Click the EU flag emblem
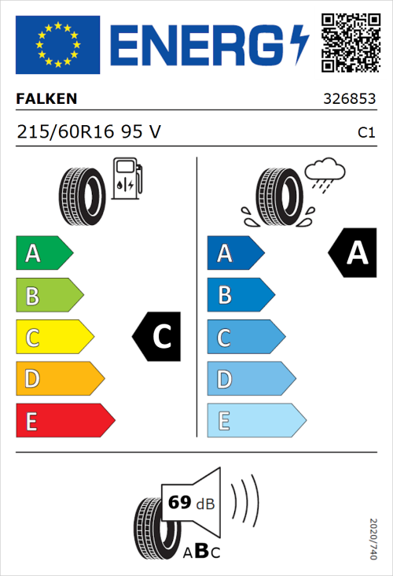click(57, 45)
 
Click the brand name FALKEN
click(46, 99)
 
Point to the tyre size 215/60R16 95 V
click(89, 132)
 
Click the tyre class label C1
click(365, 133)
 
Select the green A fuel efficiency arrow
click(44, 253)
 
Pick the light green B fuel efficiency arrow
click(49, 296)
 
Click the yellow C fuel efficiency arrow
click(54, 338)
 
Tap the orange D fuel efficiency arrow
click(60, 379)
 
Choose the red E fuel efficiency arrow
click(64, 421)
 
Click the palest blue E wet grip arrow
click(255, 421)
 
